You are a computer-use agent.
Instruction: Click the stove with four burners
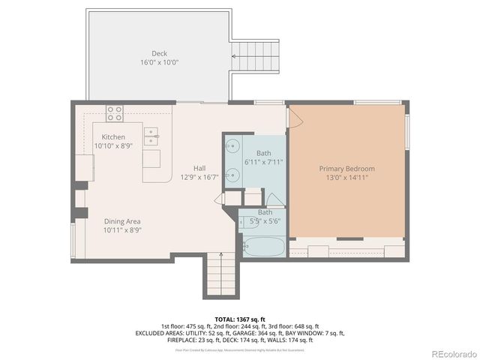115,113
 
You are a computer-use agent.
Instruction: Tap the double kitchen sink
152,136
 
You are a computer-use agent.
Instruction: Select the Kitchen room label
113,137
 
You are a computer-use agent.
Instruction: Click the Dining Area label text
122,221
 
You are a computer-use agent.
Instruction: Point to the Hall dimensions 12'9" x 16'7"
199,178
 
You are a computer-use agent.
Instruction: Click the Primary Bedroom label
346,169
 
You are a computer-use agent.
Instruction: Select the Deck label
159,53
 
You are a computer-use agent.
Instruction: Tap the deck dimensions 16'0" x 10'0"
159,63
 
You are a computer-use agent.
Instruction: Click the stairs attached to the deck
255,55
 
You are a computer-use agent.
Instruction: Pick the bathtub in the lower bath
262,245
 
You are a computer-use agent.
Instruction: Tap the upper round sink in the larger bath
232,147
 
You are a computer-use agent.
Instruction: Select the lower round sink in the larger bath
232,174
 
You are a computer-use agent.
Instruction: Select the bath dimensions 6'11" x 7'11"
263,162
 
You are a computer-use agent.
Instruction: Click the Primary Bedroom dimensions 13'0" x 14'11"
346,178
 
